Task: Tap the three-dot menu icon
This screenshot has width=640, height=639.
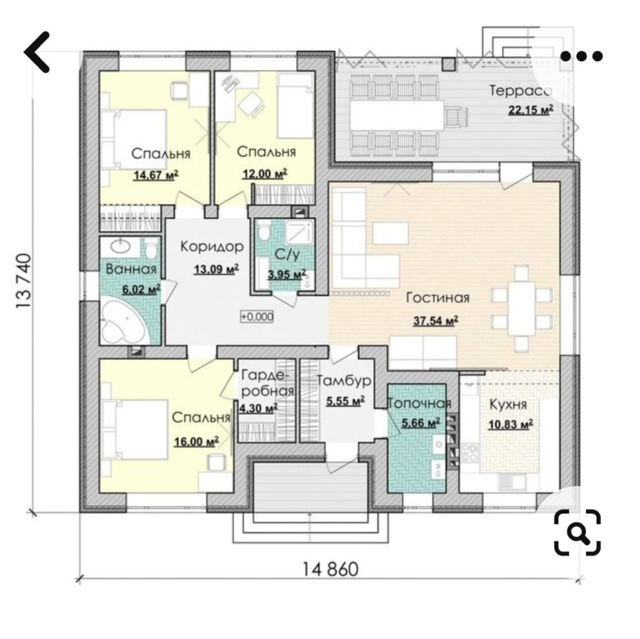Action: click(x=581, y=56)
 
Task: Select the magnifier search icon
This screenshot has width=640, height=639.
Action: click(x=577, y=532)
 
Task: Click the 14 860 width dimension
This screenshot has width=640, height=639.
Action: click(x=330, y=569)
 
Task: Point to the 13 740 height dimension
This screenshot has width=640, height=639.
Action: click(x=24, y=281)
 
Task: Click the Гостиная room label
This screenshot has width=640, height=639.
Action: click(x=438, y=298)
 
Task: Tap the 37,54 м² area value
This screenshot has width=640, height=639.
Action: click(x=435, y=320)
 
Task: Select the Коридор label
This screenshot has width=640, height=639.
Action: click(x=212, y=247)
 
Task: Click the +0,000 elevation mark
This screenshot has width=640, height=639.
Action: click(x=257, y=316)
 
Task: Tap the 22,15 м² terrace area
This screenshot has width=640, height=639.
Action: click(x=530, y=110)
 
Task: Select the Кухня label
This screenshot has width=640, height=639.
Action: click(x=508, y=405)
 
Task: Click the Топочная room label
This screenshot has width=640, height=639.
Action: click(x=419, y=404)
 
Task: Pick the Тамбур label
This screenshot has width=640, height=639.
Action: click(x=344, y=381)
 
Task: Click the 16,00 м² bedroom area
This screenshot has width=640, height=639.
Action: click(x=197, y=441)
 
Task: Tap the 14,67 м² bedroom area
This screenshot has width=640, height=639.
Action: click(x=156, y=175)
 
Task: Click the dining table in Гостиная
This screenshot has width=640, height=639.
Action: click(x=521, y=308)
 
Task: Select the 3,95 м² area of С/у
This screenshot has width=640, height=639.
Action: click(x=287, y=275)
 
